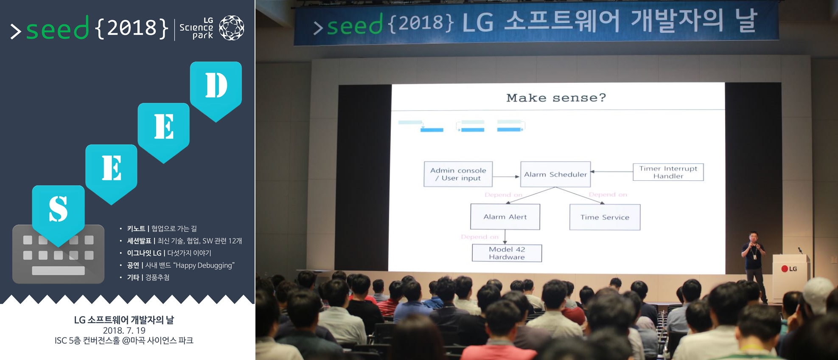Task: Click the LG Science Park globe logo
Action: tap(232, 28)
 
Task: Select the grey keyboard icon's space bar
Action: tap(59, 270)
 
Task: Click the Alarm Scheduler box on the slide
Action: tap(555, 174)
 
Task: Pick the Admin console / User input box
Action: tap(458, 174)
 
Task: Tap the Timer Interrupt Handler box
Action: tap(668, 172)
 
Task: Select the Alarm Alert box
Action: tap(505, 217)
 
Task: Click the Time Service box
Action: tap(605, 217)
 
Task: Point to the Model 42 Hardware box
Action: tap(507, 253)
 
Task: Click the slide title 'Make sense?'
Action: tap(556, 98)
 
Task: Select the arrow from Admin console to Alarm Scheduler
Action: tap(506, 176)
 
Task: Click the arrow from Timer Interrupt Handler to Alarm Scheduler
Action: tap(612, 172)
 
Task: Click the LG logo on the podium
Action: tap(789, 269)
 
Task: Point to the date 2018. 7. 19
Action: tap(124, 330)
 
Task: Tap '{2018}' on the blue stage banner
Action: tap(421, 23)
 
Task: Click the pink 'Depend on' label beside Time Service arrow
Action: tap(608, 194)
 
